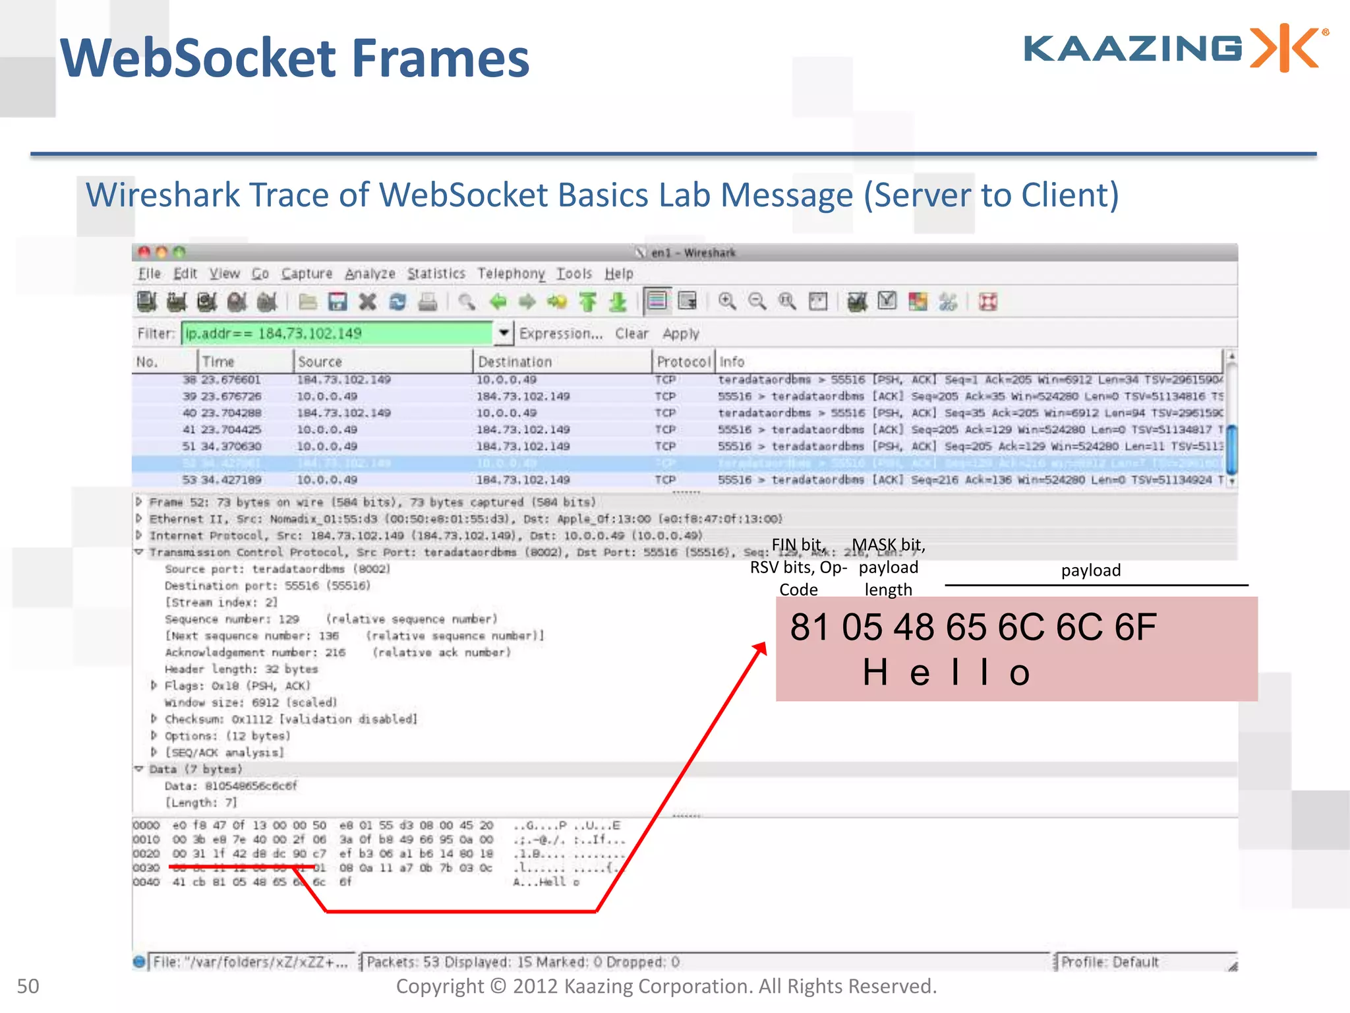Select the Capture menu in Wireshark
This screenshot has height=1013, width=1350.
[x=307, y=274]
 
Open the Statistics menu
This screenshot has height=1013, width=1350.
[x=436, y=274]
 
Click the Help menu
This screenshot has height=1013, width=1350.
[x=619, y=274]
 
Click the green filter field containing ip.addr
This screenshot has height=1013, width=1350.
[x=336, y=334]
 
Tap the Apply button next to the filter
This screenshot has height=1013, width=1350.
[x=680, y=334]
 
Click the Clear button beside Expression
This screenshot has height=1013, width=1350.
[x=631, y=334]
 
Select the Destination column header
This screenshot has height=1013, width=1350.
[x=515, y=362]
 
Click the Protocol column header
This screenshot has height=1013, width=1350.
[x=684, y=362]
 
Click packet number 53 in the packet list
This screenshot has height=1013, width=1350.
[x=189, y=480]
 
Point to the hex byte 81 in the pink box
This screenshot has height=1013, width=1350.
[x=809, y=627]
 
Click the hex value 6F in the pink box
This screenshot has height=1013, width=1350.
[x=1135, y=627]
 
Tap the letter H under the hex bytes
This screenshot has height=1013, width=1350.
[x=875, y=673]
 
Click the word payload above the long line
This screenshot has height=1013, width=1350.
[x=1090, y=570]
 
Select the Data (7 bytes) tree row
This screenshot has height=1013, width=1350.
[x=196, y=770]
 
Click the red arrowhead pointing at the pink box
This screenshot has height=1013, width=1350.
[x=761, y=649]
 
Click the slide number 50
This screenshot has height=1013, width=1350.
[x=28, y=987]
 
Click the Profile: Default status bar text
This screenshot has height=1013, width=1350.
[x=1109, y=962]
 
